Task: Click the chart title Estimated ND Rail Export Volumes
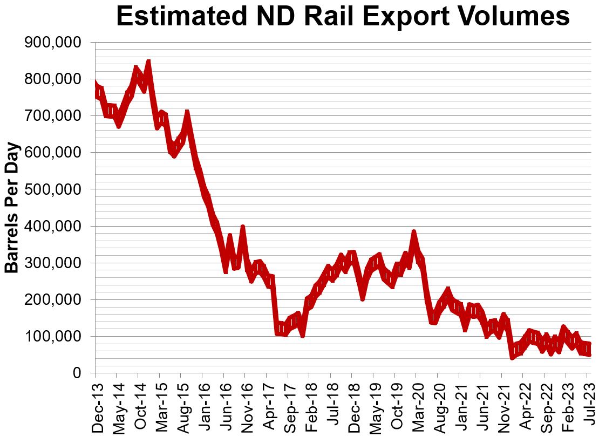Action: click(343, 17)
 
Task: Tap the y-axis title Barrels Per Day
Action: click(12, 207)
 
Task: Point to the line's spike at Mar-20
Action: click(414, 233)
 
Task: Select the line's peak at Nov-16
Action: click(243, 228)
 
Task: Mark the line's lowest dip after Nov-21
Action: click(512, 357)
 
